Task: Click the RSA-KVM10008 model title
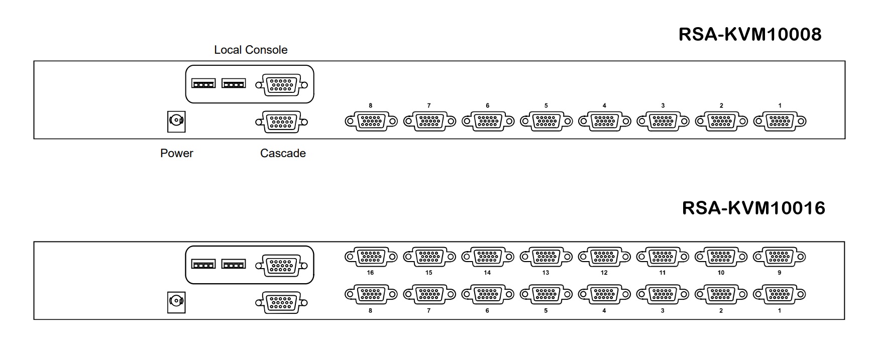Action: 749,34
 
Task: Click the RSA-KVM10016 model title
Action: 753,208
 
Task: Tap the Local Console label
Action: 251,50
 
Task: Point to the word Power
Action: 177,153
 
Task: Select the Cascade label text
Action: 283,153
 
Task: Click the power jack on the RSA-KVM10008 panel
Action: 176,121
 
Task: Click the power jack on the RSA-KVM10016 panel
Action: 176,302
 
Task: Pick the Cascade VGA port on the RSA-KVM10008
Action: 281,122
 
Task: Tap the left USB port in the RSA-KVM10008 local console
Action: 203,83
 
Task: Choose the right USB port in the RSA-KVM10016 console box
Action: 234,264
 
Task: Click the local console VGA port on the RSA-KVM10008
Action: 281,85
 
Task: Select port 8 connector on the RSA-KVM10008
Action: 371,121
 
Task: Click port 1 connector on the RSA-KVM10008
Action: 780,121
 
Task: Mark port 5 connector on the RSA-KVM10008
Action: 546,121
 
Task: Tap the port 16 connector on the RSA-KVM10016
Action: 371,257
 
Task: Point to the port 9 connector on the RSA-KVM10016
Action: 780,257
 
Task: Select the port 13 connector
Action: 546,257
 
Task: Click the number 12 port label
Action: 604,273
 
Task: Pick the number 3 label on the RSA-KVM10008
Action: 663,106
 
